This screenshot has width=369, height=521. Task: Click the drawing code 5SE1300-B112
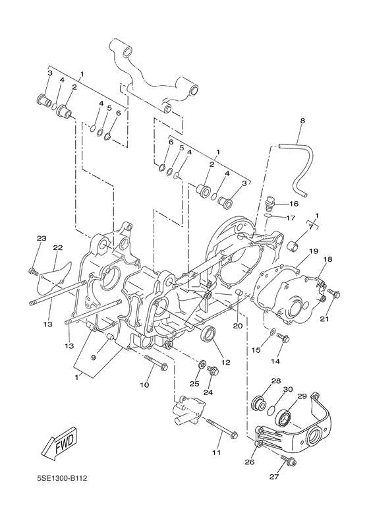(62, 479)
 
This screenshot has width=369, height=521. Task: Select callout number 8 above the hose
(302, 121)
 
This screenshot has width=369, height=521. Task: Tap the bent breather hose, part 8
(295, 168)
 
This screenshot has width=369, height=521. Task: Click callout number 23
(42, 238)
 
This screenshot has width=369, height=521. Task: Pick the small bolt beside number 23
(33, 271)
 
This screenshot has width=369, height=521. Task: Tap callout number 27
(273, 477)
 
